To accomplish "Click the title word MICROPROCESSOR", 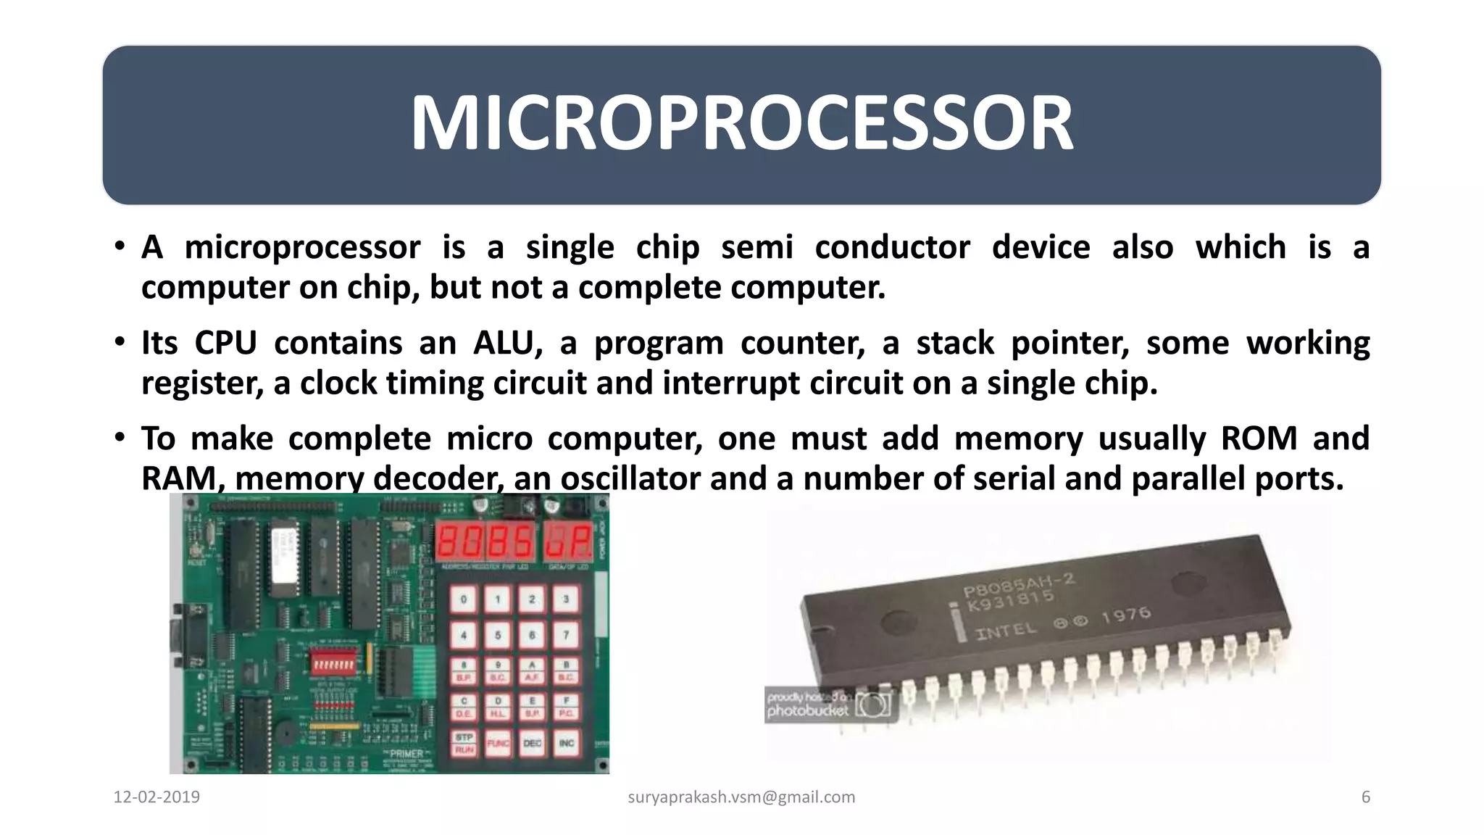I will [741, 123].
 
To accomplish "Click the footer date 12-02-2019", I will [157, 797].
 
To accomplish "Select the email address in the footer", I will [741, 797].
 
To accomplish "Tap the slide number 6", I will [1365, 797].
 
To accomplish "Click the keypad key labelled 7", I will [566, 636].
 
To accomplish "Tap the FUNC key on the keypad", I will [498, 744].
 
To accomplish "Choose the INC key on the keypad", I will [566, 744].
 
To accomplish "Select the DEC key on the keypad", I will [532, 744].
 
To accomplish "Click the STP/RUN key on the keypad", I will [464, 744].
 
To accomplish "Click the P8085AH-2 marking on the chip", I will [1018, 586].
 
